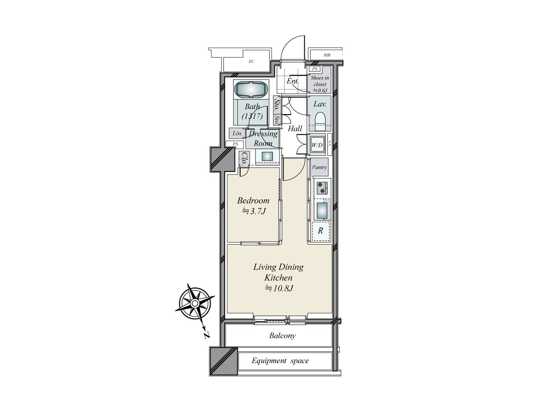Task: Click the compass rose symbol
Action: pos(195,304)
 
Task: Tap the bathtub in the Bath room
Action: pos(251,90)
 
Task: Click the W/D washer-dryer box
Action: pos(317,145)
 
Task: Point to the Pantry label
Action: pos(319,167)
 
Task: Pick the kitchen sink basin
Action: pos(322,211)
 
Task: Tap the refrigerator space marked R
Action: pos(320,231)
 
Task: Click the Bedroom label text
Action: pos(253,201)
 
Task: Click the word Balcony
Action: pos(282,336)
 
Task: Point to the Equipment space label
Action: pos(280,361)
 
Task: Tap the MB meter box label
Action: pos(327,55)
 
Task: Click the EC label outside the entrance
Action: pos(252,62)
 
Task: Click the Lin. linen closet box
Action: pos(237,133)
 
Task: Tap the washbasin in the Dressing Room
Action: pos(267,156)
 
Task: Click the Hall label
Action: pos(295,128)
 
